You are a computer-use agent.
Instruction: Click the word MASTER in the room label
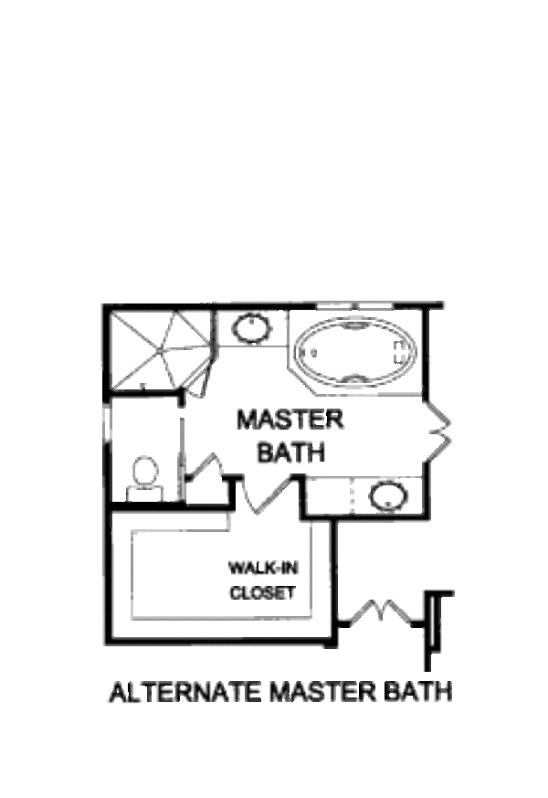click(x=290, y=420)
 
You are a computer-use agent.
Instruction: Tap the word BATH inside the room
click(x=291, y=452)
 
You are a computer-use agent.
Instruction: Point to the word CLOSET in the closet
click(x=262, y=593)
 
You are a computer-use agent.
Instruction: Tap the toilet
click(x=144, y=474)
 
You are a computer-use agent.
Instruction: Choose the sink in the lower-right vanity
click(x=387, y=496)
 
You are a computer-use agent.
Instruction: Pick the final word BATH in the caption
click(x=419, y=692)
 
